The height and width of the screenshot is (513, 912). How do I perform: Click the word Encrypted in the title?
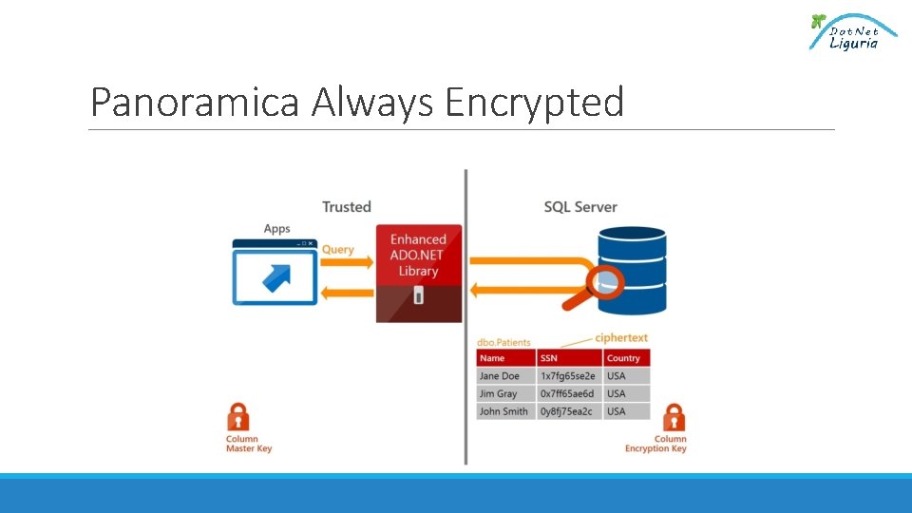534,102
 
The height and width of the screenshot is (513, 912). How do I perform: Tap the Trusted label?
346,207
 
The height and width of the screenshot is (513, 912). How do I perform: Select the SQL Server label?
579,207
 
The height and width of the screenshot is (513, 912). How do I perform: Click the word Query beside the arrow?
337,250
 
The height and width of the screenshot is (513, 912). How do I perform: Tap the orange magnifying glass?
596,285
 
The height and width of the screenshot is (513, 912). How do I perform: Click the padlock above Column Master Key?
238,417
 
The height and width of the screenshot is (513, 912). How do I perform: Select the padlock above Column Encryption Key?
674,418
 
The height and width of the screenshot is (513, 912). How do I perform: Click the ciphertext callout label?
621,337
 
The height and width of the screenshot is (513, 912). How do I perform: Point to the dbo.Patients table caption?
503,342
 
